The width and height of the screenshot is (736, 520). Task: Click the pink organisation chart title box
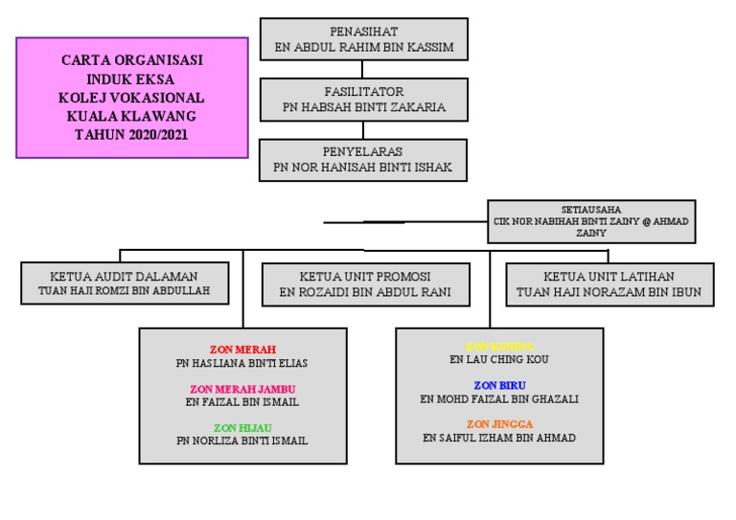pos(132,98)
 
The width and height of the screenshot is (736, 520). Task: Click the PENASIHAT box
pos(363,39)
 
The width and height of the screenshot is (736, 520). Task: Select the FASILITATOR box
pos(363,100)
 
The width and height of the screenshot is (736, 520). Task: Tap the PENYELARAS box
pos(363,160)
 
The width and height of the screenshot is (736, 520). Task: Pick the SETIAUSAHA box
pos(590,221)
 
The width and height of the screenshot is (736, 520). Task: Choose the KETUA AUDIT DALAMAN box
pos(125,283)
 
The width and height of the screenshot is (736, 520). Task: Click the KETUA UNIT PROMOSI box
pos(364,283)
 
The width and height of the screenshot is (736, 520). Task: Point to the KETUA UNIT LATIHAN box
pos(609,283)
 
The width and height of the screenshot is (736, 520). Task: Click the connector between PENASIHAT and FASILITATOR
pos(363,69)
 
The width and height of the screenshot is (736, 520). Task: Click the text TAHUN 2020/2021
pos(132,135)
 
